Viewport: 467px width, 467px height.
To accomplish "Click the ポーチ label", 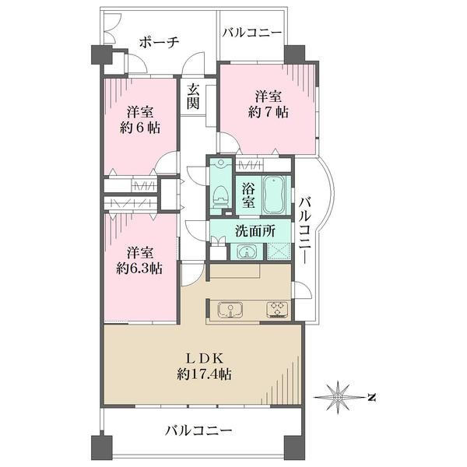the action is pyautogui.click(x=160, y=42).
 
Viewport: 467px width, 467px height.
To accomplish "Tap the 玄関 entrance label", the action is pyautogui.click(x=193, y=97).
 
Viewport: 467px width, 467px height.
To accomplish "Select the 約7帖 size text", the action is pyautogui.click(x=268, y=113).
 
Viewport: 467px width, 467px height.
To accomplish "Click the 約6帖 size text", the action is pyautogui.click(x=140, y=128).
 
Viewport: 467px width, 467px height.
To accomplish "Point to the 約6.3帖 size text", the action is pyautogui.click(x=139, y=269).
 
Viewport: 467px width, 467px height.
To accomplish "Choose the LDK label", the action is pyautogui.click(x=205, y=359).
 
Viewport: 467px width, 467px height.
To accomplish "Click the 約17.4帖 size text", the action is pyautogui.click(x=205, y=374).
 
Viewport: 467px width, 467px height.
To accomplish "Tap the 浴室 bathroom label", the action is pyautogui.click(x=248, y=195).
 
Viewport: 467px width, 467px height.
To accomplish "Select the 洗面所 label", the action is pyautogui.click(x=255, y=231).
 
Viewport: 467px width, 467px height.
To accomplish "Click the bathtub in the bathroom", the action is pyautogui.click(x=274, y=195).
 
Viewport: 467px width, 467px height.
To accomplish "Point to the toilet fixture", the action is pyautogui.click(x=220, y=196).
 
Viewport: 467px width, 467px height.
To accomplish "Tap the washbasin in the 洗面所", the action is pyautogui.click(x=247, y=251).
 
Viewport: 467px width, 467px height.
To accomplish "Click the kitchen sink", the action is pyautogui.click(x=230, y=310).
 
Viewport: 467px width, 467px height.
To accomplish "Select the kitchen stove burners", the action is pyautogui.click(x=277, y=310).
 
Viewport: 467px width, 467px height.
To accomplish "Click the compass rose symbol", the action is pyautogui.click(x=338, y=397).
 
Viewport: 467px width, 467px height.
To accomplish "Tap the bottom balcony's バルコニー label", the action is pyautogui.click(x=199, y=431).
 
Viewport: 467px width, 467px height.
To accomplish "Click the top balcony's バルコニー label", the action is pyautogui.click(x=252, y=33).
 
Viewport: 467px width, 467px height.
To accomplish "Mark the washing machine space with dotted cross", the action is pyautogui.click(x=279, y=251).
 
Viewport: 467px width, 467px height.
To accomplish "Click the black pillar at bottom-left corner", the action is pyautogui.click(x=101, y=446).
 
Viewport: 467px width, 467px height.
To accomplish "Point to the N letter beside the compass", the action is pyautogui.click(x=371, y=397).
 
